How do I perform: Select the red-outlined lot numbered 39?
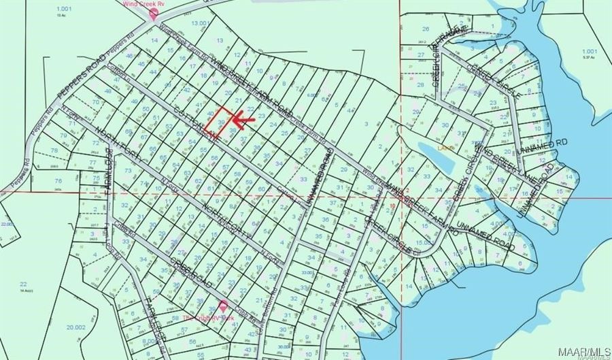[222, 120]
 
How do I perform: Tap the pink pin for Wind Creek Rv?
[154, 12]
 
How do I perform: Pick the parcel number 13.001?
[201, 23]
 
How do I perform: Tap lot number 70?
[96, 101]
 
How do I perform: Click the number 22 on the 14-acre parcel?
[22, 283]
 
